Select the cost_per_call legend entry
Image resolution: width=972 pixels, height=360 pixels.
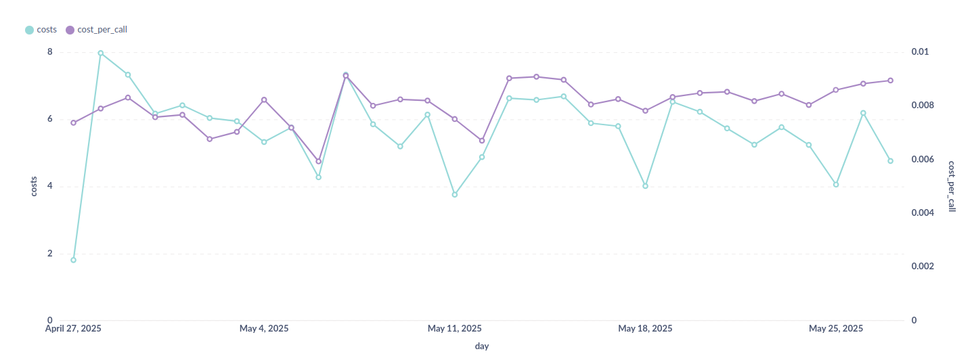(97, 30)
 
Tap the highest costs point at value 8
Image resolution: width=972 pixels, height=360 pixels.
(100, 53)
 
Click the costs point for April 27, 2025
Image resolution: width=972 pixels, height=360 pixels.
(73, 260)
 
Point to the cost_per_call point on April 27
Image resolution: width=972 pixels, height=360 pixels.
(73, 122)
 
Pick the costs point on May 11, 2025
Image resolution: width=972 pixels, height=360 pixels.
(455, 194)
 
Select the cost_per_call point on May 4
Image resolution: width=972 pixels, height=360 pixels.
(264, 99)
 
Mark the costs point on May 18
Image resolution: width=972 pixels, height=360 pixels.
(645, 185)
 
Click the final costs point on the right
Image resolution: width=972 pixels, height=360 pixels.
(890, 161)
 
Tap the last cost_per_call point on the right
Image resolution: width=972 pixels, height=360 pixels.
(890, 81)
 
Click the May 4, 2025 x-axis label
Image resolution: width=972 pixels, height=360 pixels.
(264, 329)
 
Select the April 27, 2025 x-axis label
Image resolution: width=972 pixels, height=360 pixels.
(73, 329)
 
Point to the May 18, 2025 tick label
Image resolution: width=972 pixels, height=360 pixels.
(645, 329)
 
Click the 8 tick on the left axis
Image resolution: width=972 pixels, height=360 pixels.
(49, 52)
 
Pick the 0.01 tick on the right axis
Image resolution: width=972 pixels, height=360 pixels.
(920, 52)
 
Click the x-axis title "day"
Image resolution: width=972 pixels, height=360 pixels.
(482, 346)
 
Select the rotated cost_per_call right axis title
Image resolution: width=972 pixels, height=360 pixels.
(952, 187)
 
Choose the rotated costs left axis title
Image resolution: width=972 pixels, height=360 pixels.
(34, 185)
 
